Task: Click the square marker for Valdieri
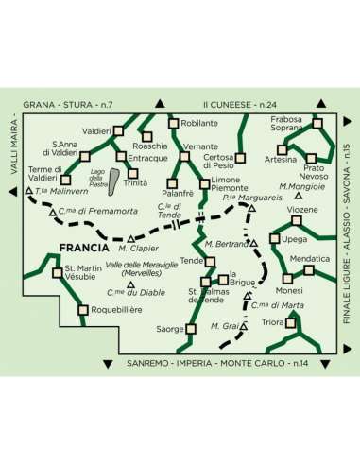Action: [118, 130]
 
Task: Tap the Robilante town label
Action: [199, 123]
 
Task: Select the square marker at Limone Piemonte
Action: [205, 184]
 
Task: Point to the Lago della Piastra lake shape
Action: [113, 181]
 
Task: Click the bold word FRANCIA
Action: [84, 248]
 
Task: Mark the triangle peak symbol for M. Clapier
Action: [130, 239]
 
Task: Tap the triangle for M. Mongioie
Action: [299, 196]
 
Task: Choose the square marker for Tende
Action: [210, 262]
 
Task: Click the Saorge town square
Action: [191, 329]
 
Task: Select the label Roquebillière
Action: [116, 310]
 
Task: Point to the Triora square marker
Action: [290, 323]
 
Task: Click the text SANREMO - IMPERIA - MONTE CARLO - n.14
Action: [217, 363]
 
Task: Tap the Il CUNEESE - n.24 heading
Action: [240, 105]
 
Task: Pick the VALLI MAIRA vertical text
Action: [14, 146]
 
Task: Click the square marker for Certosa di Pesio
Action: [240, 158]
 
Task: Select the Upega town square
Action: [275, 239]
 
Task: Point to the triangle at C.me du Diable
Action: [130, 285]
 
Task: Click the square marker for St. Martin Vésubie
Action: [58, 273]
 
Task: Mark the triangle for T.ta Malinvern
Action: [29, 191]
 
